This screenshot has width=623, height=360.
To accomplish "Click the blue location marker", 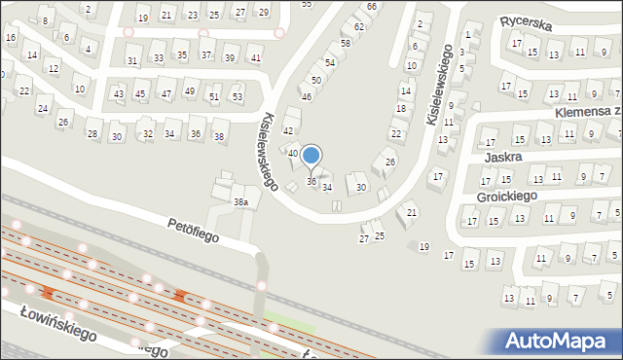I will click(311, 155).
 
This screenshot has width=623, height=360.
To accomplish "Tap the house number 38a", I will click(240, 201).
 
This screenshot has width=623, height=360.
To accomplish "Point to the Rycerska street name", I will click(526, 20).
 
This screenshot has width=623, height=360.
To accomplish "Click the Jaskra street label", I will click(501, 156).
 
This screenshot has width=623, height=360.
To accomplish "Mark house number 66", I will click(372, 7).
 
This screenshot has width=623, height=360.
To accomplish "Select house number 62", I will click(358, 26).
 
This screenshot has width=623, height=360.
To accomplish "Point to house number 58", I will click(345, 45).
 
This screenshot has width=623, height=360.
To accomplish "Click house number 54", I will click(330, 62).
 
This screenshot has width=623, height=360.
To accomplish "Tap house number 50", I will click(315, 81).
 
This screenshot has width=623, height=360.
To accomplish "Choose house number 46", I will click(306, 97).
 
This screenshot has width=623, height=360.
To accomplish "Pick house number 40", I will click(292, 153).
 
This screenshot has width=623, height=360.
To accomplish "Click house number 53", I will click(237, 97).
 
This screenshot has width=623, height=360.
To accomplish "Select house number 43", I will click(119, 93).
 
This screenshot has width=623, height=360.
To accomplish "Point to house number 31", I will click(132, 60).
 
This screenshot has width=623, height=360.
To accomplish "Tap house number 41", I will click(256, 58).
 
